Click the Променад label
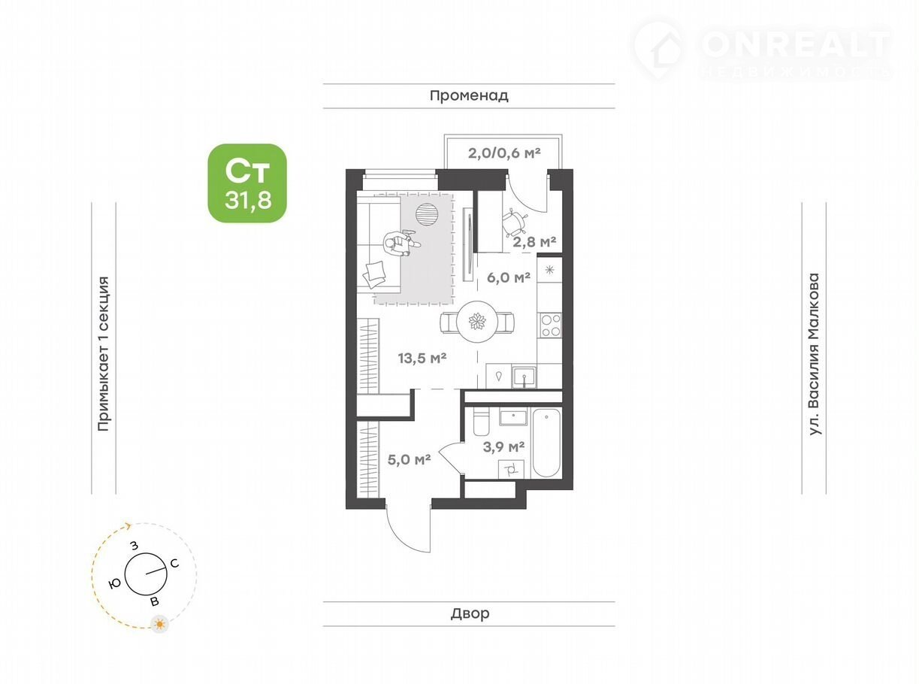point(469,95)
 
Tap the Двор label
point(470,613)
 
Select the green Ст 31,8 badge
point(247,183)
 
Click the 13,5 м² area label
point(422,358)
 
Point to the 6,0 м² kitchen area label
point(509,277)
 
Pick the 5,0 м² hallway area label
point(409,459)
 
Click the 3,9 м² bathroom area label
point(503,446)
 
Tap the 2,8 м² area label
point(534,241)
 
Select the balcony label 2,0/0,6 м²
point(504,153)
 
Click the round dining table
point(478,322)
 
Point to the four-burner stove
point(550,325)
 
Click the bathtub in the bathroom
point(546,442)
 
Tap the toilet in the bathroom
point(481,421)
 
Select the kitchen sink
point(524,377)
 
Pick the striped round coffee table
point(427,215)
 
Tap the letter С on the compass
point(174,563)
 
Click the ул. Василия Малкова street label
point(814,354)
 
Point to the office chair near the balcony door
point(515,224)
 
